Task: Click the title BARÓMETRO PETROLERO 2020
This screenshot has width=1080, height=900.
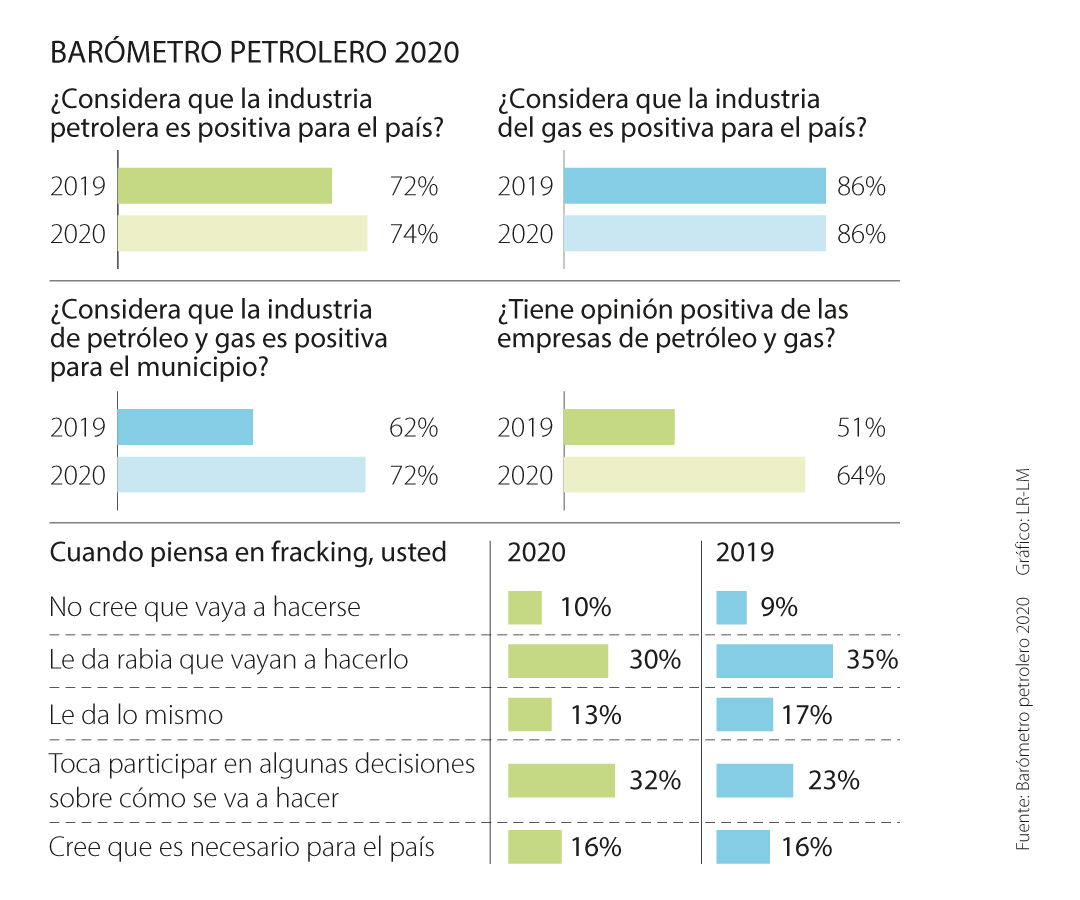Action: coord(254,52)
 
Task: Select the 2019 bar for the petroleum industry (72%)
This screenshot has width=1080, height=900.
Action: coord(225,186)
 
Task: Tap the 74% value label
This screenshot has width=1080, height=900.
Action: coord(413,234)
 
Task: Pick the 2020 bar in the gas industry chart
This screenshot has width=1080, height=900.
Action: coord(694,234)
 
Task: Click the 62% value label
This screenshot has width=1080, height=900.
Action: coord(413,428)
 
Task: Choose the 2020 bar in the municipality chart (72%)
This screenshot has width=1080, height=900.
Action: coord(241,474)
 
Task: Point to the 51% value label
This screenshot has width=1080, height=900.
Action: coord(860,428)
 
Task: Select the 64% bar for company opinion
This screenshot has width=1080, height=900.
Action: coord(684,474)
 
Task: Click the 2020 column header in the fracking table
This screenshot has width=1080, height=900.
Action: coord(536,553)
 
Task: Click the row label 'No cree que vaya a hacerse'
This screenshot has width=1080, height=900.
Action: coord(205,607)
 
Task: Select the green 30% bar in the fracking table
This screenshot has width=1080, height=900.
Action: coord(558,661)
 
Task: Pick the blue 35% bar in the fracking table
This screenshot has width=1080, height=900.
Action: coord(774,661)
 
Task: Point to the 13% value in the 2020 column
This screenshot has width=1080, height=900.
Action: coord(596,715)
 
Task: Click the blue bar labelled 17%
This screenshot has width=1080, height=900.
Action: coord(744,715)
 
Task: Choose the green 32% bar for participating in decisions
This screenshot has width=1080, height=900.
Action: coord(561,781)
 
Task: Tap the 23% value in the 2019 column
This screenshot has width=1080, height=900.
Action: coord(834,781)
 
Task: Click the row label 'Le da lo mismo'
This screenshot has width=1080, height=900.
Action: coord(136,715)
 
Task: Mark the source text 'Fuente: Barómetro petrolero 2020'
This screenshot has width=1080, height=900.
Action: coord(1022,724)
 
